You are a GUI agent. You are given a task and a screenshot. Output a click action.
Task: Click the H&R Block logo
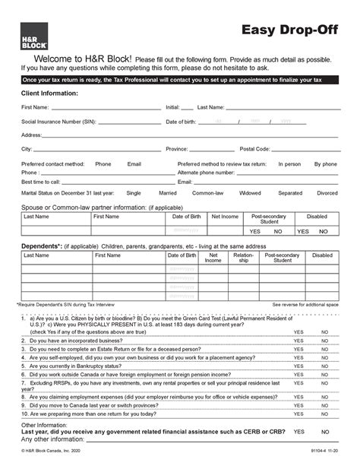click(30, 35)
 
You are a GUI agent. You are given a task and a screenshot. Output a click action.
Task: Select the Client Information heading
click(49, 93)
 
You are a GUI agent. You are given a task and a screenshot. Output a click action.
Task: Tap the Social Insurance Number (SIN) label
click(58, 122)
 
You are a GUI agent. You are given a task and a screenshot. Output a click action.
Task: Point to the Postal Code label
click(254, 149)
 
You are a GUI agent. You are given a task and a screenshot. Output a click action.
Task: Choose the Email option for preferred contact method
click(134, 163)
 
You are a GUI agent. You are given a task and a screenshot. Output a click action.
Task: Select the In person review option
click(289, 163)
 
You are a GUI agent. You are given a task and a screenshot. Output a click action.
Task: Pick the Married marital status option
click(168, 193)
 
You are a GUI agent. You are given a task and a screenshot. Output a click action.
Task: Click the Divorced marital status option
click(327, 193)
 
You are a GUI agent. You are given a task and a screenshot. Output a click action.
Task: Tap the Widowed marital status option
click(250, 193)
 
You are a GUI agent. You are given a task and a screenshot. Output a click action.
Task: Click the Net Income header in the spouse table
click(225, 217)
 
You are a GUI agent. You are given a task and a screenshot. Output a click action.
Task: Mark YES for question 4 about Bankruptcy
click(298, 366)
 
